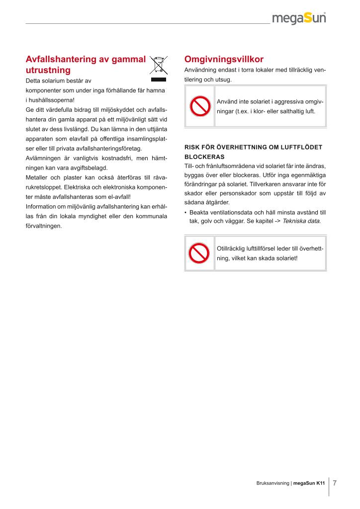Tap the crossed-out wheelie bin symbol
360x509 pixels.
(x=158, y=65)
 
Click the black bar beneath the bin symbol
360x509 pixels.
(x=158, y=79)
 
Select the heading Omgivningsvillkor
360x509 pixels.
(x=224, y=59)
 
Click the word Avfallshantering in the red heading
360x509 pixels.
(x=61, y=59)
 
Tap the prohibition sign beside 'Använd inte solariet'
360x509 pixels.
(x=199, y=106)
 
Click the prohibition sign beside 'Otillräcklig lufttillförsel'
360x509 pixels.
(x=199, y=254)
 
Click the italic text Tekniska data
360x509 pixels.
(x=301, y=221)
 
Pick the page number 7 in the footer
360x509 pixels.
(x=335, y=483)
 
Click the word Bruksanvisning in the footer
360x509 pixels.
(x=272, y=483)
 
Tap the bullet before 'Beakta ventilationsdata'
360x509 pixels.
(x=185, y=212)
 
